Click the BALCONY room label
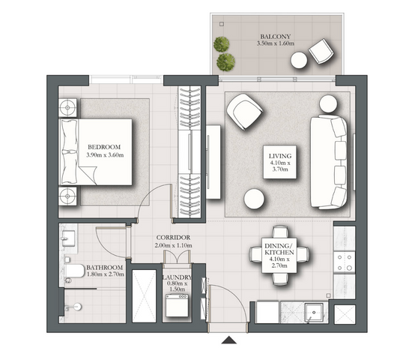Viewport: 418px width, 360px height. point(276,37)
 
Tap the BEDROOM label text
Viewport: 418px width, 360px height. point(104,147)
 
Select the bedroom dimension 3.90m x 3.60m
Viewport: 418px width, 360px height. point(105,155)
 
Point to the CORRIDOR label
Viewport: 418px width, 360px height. point(173,237)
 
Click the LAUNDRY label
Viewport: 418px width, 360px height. point(178,277)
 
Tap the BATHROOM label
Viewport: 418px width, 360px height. point(105,268)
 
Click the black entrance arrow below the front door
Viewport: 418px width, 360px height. point(229,340)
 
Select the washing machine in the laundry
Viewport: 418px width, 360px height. point(177,305)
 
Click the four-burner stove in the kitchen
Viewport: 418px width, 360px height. point(345,262)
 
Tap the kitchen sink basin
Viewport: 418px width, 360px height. point(314,312)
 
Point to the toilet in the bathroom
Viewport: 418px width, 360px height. point(74,271)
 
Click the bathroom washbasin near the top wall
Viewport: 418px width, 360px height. point(68,238)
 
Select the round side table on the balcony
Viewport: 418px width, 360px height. point(299,60)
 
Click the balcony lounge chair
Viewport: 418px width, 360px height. point(321,51)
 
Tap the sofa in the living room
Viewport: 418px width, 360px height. point(329,161)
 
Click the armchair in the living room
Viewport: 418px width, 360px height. point(244,111)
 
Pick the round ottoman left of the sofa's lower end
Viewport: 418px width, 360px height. point(254,199)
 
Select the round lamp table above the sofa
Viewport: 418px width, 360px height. point(328,103)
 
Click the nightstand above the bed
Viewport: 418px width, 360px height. point(67,108)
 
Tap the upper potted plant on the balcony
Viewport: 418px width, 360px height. point(221,44)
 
